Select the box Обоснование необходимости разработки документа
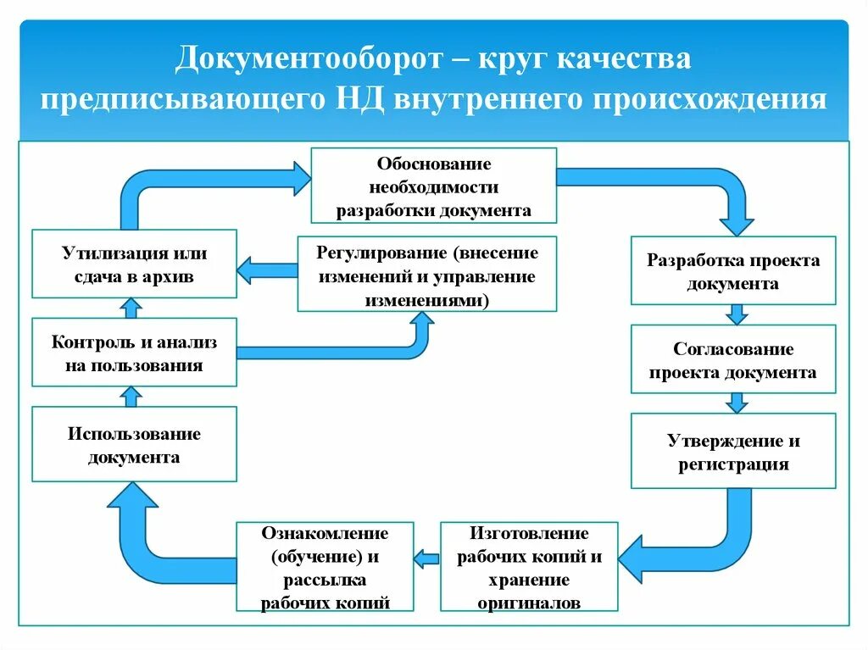pyautogui.click(x=433, y=186)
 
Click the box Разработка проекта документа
pyautogui.click(x=733, y=271)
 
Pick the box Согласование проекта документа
pyautogui.click(x=733, y=359)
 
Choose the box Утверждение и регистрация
pyautogui.click(x=733, y=452)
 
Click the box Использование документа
pyautogui.click(x=134, y=445)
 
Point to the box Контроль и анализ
pyautogui.click(x=134, y=353)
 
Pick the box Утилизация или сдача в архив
pyautogui.click(x=134, y=264)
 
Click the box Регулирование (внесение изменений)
pyautogui.click(x=427, y=275)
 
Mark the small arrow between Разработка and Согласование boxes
pyautogui.click(x=737, y=314)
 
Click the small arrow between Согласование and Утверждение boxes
pyautogui.click(x=737, y=401)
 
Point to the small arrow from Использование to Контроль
pyautogui.click(x=131, y=395)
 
